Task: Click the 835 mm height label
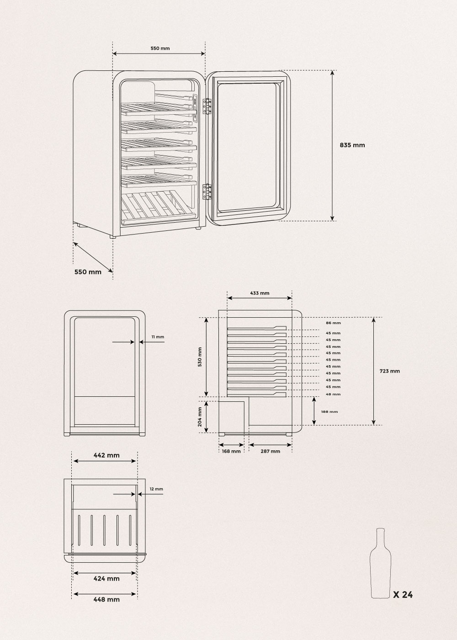pos(352,145)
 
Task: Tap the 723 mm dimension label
pos(389,371)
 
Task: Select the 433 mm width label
pos(260,293)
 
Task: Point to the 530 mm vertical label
pos(200,357)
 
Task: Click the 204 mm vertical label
pos(200,417)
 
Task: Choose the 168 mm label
pos(231,452)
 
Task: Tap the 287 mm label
pos(270,452)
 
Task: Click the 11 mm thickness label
pos(158,337)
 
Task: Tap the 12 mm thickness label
pos(156,489)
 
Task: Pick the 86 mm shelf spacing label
pos(333,323)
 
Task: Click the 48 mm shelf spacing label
pos(333,394)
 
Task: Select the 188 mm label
pos(329,412)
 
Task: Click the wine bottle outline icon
pos(380,559)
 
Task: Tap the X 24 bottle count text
pos(403,587)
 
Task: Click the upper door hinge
pos(207,106)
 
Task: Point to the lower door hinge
pos(207,192)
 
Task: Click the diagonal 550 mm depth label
pos(88,272)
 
